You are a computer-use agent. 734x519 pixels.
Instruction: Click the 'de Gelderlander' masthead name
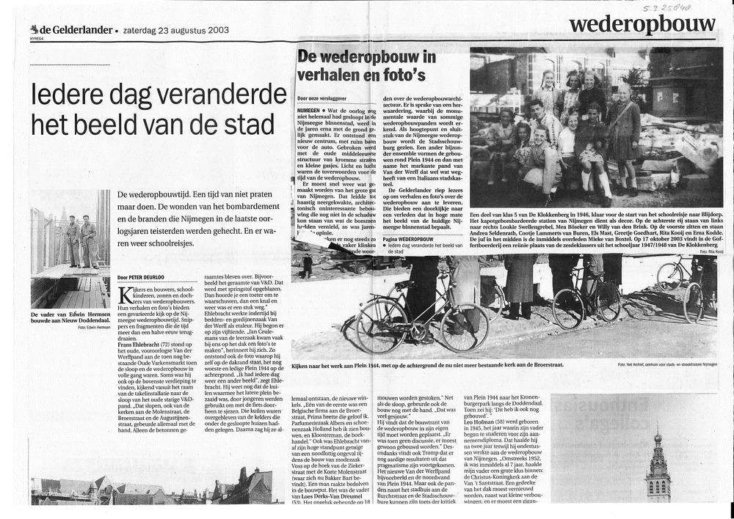coord(72,30)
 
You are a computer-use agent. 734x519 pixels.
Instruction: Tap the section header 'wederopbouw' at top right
coord(642,25)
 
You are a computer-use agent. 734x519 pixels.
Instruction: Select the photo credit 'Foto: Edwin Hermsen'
coord(92,327)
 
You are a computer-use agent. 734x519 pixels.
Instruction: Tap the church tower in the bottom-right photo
coord(658,469)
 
